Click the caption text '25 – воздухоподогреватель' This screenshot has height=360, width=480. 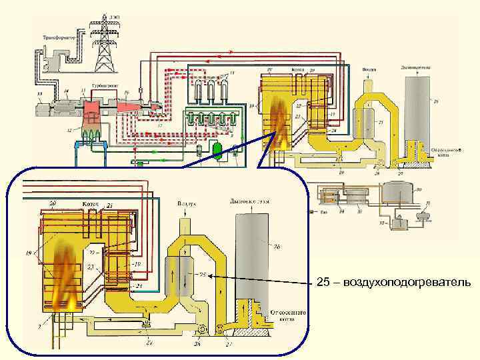click(x=393, y=283)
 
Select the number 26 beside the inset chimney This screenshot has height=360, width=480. click(x=275, y=247)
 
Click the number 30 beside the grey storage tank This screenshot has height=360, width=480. click(x=418, y=189)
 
